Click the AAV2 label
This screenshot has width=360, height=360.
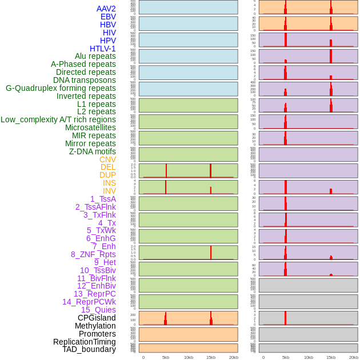[x=106, y=9]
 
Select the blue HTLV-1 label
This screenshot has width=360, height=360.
[x=102, y=49]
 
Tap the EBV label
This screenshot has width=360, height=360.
[x=108, y=17]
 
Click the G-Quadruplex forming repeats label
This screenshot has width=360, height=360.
[x=61, y=88]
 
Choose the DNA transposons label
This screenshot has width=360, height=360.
[x=85, y=80]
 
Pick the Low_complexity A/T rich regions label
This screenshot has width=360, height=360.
[x=58, y=119]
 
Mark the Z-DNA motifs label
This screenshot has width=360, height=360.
[x=92, y=151]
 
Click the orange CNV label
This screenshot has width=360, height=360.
[x=107, y=159]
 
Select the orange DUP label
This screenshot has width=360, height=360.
[x=107, y=175]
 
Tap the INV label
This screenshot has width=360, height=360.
[x=109, y=191]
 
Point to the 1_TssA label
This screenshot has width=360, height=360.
[x=103, y=199]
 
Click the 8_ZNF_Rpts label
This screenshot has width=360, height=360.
[x=93, y=254]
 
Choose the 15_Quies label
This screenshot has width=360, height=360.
[x=98, y=310]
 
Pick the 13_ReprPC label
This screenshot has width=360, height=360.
[x=94, y=294]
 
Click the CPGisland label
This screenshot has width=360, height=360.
[x=97, y=318]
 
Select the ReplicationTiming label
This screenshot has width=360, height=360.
[x=84, y=342]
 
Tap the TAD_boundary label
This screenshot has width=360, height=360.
[x=89, y=349]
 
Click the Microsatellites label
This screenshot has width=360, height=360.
[x=90, y=127]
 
